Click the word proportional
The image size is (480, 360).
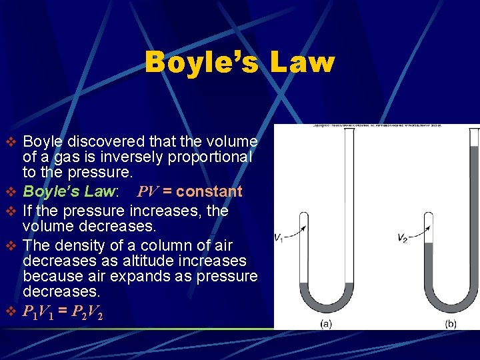212,157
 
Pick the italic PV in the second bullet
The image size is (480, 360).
149,192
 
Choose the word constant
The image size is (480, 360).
209,192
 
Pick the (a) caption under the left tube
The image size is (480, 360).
327,323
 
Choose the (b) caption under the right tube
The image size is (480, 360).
451,323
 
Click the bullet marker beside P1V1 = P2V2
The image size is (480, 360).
9,311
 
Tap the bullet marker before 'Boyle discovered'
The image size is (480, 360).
9,142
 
